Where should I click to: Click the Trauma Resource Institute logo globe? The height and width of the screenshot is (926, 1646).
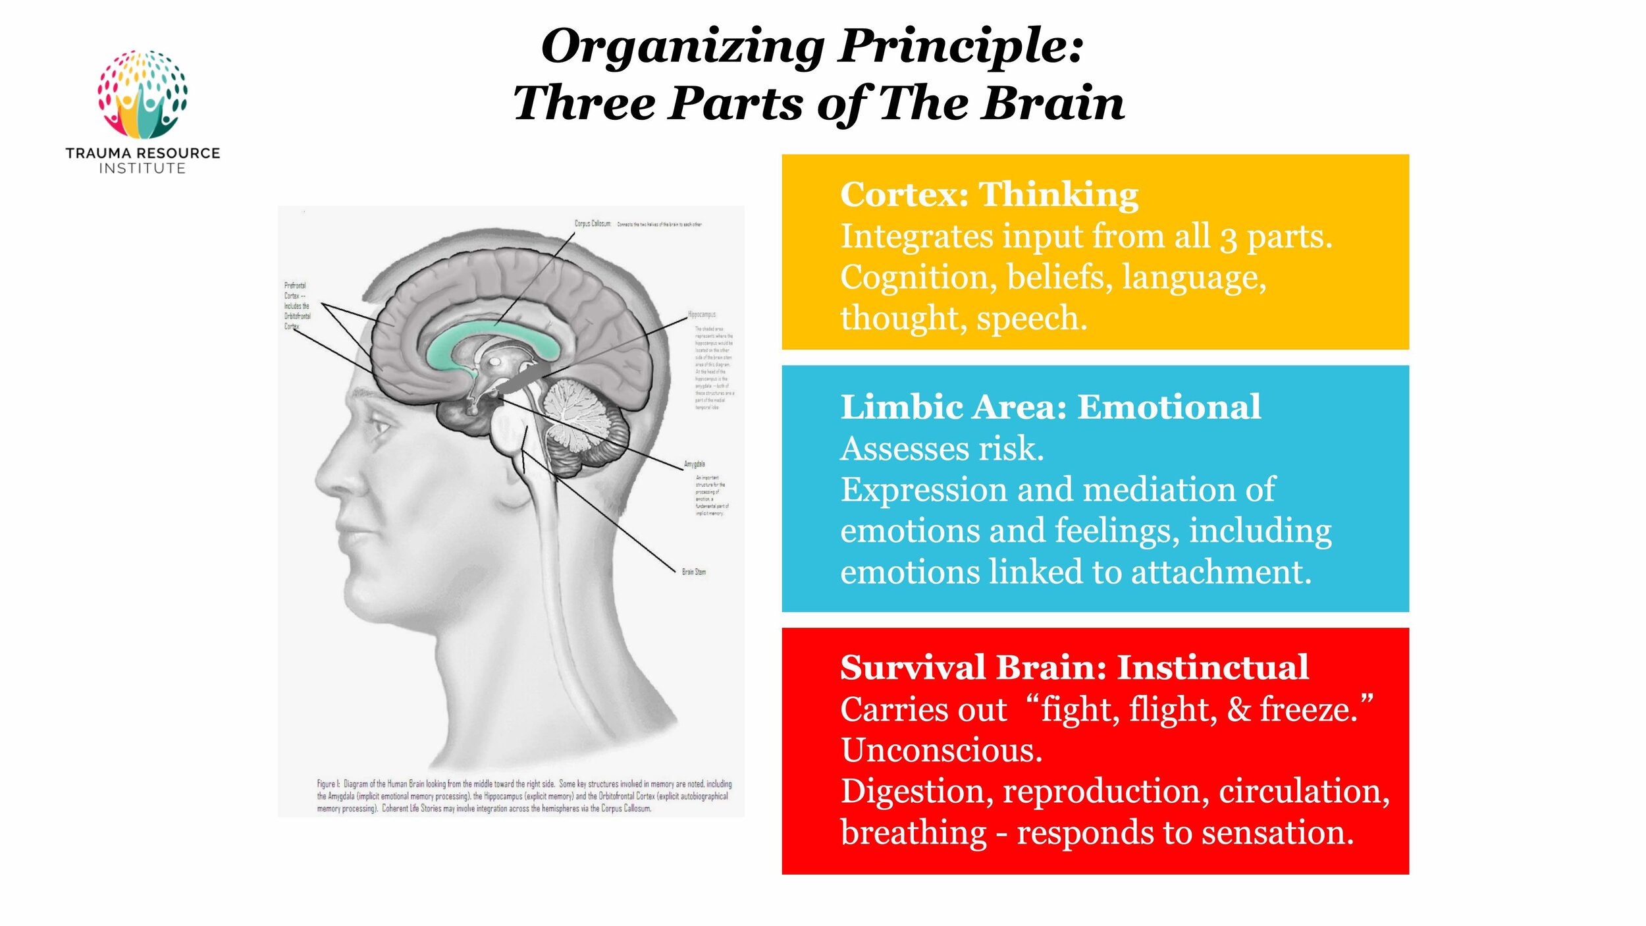(x=142, y=94)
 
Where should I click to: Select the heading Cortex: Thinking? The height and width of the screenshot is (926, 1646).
(x=989, y=195)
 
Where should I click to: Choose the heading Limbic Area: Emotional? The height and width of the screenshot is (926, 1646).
(x=1050, y=407)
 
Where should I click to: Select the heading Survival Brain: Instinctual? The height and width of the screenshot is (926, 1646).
(x=1074, y=667)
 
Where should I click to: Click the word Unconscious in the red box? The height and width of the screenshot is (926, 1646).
(x=941, y=750)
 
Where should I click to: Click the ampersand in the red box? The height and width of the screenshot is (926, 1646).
(x=1238, y=709)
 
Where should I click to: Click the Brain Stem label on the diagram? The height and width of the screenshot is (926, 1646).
(x=693, y=572)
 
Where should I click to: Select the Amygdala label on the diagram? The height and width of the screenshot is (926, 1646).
(x=694, y=464)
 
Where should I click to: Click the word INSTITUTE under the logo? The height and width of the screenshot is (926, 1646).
(x=142, y=169)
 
